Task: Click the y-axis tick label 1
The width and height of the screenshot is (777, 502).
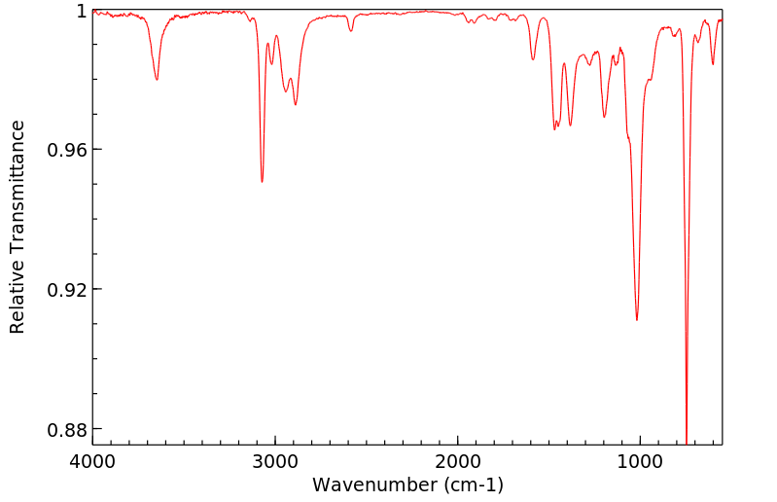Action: point(81,11)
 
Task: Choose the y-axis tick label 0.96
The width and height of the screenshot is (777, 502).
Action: point(68,150)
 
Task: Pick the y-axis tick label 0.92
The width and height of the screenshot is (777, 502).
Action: point(68,290)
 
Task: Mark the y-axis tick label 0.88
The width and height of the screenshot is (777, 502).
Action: point(68,429)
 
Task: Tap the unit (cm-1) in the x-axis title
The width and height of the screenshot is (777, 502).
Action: point(473,484)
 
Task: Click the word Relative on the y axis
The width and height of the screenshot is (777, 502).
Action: point(18,298)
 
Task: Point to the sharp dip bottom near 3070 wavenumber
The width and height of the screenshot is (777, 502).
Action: point(262,182)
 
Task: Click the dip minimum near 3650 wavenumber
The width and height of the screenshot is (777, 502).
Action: point(157,80)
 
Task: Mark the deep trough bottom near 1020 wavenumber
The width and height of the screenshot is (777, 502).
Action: point(637,319)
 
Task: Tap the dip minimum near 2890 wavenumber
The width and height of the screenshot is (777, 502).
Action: point(296,105)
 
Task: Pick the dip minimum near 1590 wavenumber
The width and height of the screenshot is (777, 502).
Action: point(533,59)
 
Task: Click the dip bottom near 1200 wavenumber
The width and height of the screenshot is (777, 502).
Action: point(604,117)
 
